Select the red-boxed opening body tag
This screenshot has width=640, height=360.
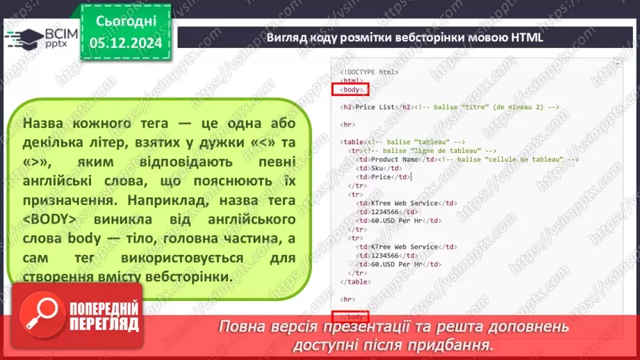coord(351,90)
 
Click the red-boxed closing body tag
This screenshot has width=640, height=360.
coord(352,317)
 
